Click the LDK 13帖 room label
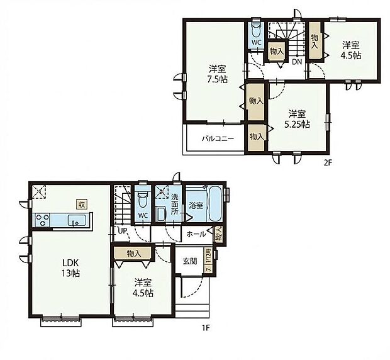click(70, 267)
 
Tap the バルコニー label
click(218, 138)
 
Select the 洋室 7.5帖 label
click(217, 75)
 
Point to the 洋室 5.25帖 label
click(298, 119)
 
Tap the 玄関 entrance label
click(190, 261)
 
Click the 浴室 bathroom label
click(195, 205)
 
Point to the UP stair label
click(121, 231)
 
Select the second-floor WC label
click(256, 43)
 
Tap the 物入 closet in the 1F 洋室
click(133, 253)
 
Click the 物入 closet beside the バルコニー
click(256, 136)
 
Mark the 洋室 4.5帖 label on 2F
click(352, 50)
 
